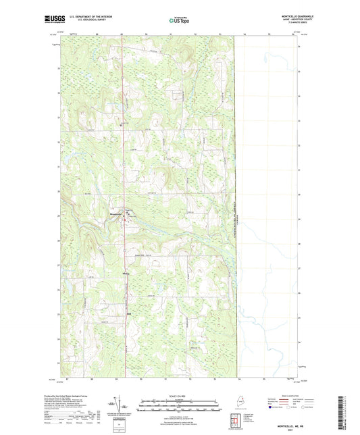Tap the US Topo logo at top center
tap(179, 21)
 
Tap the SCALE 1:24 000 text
tap(179, 395)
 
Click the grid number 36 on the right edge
tap(300, 46)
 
